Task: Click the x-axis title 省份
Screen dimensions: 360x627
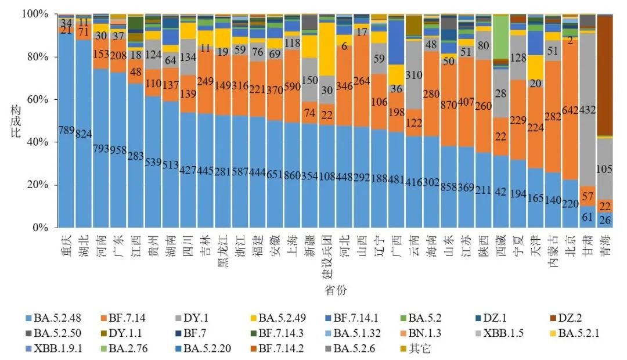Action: [x=336, y=289]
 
